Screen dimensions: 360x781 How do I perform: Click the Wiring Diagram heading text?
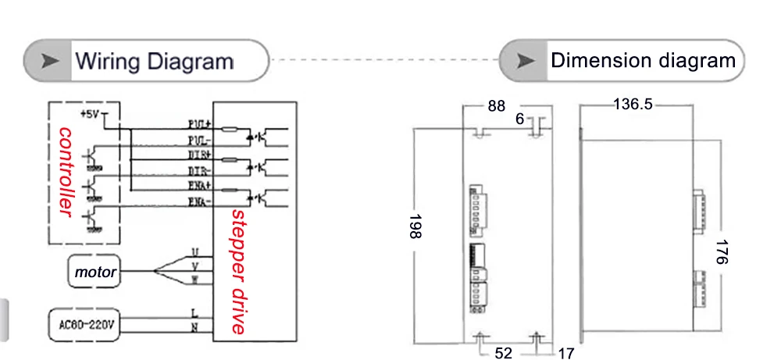point(154,61)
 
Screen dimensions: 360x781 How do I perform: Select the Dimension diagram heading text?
point(643,60)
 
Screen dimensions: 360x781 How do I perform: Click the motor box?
point(95,273)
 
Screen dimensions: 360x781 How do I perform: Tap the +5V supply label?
point(91,113)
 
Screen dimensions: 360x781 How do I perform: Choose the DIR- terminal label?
point(201,169)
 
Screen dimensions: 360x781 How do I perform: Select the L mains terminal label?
point(194,312)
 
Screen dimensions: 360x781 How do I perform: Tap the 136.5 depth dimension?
point(632,104)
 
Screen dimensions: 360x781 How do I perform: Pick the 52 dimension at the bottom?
point(504,353)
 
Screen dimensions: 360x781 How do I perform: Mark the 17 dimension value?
point(565,353)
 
